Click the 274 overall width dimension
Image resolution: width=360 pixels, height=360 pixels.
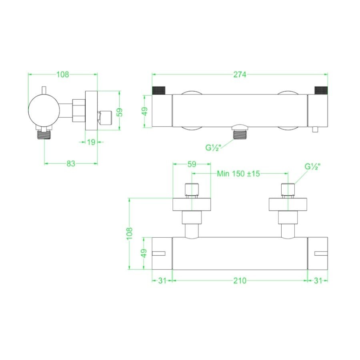240,74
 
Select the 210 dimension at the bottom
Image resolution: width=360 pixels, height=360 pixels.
240,281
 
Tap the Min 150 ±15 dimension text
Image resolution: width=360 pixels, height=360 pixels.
239,173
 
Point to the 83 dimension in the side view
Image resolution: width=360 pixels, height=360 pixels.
70,163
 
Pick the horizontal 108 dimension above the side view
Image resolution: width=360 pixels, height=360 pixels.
63,74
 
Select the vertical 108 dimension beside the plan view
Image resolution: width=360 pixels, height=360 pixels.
129,233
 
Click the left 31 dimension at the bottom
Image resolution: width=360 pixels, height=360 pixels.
162,281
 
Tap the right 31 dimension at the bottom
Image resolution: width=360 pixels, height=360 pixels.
318,281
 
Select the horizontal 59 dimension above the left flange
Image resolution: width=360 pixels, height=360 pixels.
192,163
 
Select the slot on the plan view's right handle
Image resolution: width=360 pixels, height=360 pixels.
321,253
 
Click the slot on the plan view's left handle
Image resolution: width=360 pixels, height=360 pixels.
159,253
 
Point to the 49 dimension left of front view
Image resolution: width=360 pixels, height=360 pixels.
145,111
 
